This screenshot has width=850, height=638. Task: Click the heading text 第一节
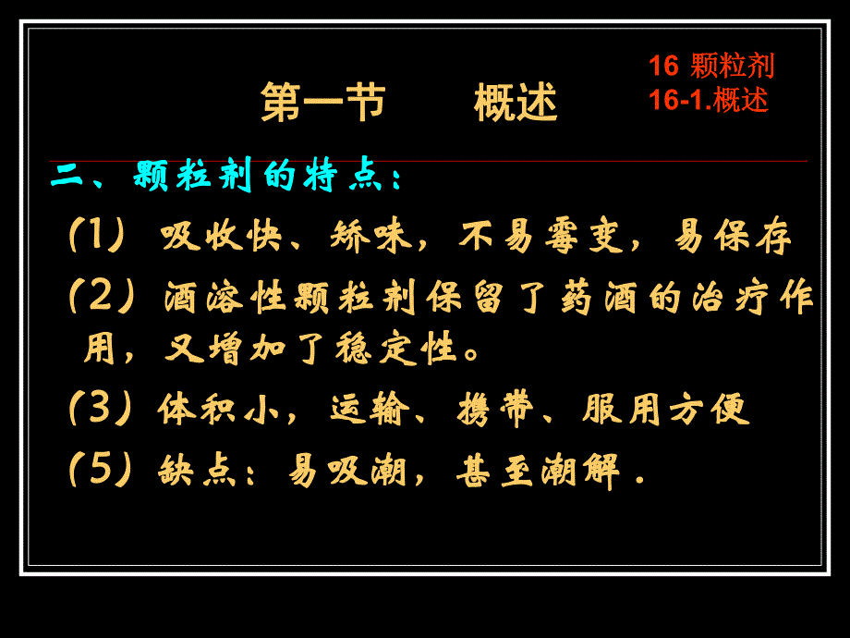tap(322, 102)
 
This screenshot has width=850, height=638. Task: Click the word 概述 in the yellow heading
tap(516, 102)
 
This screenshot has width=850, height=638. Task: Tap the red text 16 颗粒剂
tap(711, 66)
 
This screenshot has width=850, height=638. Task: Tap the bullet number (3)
tap(98, 408)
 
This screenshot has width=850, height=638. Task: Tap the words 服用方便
tap(665, 409)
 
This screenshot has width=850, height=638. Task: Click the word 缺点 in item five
tap(189, 472)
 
